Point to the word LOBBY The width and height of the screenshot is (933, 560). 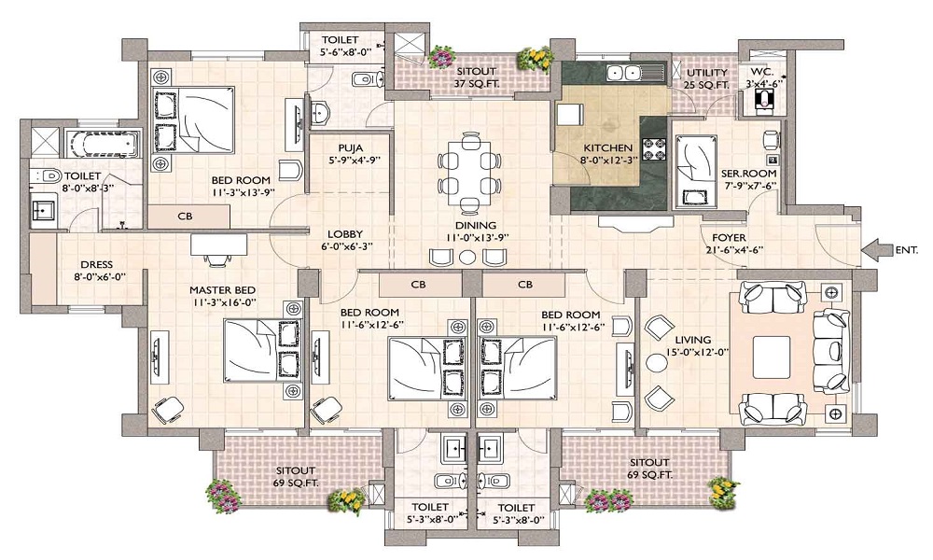pyautogui.click(x=344, y=234)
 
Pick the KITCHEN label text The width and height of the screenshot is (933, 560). pyautogui.click(x=608, y=147)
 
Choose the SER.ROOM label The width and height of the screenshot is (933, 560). pyautogui.click(x=743, y=174)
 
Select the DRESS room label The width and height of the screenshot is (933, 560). pyautogui.click(x=96, y=264)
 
